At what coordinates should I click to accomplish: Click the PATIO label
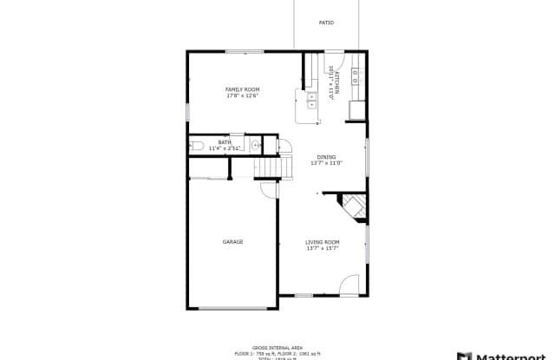[326, 23]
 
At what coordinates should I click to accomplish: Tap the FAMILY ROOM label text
[242, 89]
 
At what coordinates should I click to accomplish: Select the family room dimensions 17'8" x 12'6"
[242, 95]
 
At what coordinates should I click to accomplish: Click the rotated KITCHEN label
[336, 82]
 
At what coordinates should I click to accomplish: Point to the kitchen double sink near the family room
[310, 108]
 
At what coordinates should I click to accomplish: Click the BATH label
[225, 142]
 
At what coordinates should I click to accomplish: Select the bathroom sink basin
[255, 145]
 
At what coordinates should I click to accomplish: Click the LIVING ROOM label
[322, 242]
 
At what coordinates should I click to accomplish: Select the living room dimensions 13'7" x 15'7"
[322, 248]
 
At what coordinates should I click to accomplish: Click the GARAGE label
[232, 242]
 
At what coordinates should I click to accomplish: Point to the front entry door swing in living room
[348, 285]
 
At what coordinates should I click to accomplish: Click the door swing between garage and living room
[270, 191]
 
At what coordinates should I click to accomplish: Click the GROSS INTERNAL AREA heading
[277, 345]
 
